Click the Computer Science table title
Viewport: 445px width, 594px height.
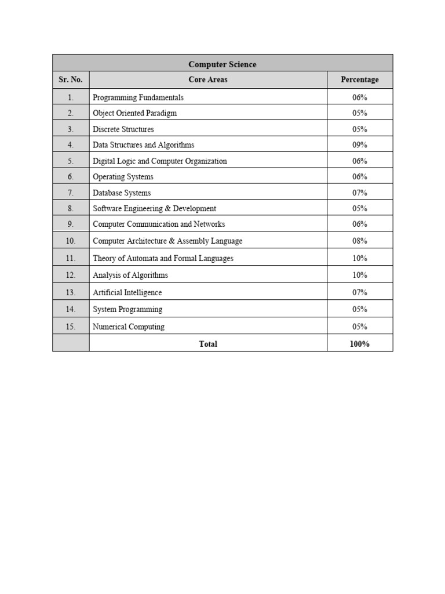pyautogui.click(x=222, y=64)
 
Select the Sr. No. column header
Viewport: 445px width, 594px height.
pyautogui.click(x=71, y=79)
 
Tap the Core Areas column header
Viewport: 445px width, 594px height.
pyautogui.click(x=208, y=79)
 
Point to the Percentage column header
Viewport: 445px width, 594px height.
pyautogui.click(x=359, y=79)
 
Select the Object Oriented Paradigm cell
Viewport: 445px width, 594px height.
pyautogui.click(x=134, y=113)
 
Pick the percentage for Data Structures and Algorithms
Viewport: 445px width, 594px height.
pyautogui.click(x=359, y=145)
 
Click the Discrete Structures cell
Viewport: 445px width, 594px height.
pyautogui.click(x=123, y=129)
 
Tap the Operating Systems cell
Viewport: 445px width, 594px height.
pyautogui.click(x=123, y=177)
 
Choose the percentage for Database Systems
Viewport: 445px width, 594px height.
pyautogui.click(x=359, y=193)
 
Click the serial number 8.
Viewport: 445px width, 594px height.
pyautogui.click(x=71, y=208)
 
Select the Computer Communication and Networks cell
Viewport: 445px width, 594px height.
pyautogui.click(x=159, y=224)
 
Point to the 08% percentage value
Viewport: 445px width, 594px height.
pyautogui.click(x=359, y=241)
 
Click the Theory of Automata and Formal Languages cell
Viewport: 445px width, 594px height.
pyautogui.click(x=163, y=258)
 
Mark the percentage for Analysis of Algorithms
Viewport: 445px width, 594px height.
pyautogui.click(x=359, y=275)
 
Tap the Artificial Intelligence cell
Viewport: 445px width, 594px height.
pyautogui.click(x=127, y=292)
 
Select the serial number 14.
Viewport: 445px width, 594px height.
pyautogui.click(x=71, y=309)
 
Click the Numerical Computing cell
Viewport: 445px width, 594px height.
pyautogui.click(x=128, y=327)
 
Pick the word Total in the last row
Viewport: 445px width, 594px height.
pyautogui.click(x=208, y=344)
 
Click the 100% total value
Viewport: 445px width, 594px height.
pyautogui.click(x=359, y=344)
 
